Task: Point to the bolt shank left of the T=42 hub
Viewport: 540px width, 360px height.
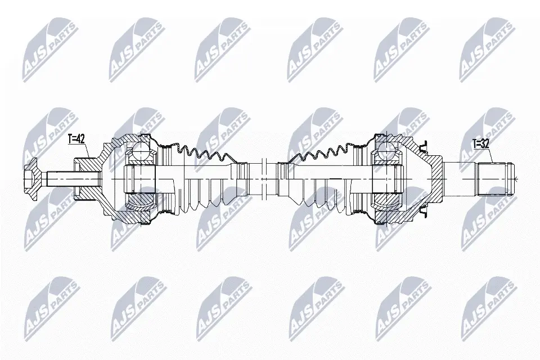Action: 60,178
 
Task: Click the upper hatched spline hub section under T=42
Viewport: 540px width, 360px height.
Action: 85,164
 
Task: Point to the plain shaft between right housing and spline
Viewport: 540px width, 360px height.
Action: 460,178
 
